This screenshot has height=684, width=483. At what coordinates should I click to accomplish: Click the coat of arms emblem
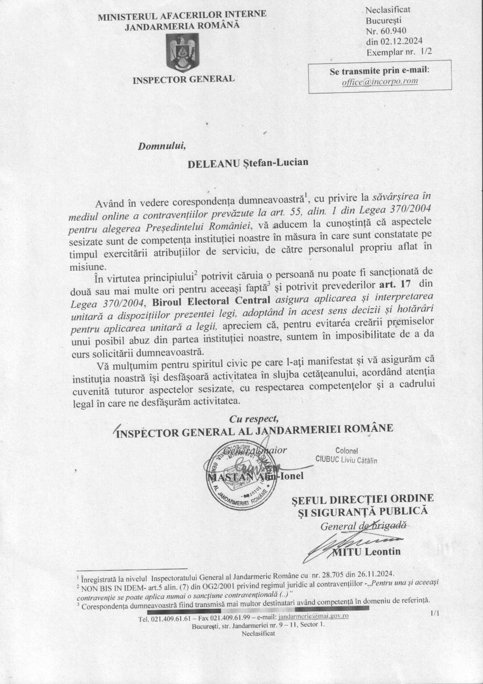[x=182, y=53]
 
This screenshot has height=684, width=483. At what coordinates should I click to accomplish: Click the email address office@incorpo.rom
[x=380, y=81]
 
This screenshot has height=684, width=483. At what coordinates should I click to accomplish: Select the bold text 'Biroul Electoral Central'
[x=211, y=300]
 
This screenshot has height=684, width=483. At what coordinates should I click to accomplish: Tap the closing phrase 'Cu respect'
[x=254, y=419]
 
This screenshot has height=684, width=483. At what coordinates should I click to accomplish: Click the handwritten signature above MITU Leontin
[x=355, y=540]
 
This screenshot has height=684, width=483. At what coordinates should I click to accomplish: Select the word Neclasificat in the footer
[x=258, y=633]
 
